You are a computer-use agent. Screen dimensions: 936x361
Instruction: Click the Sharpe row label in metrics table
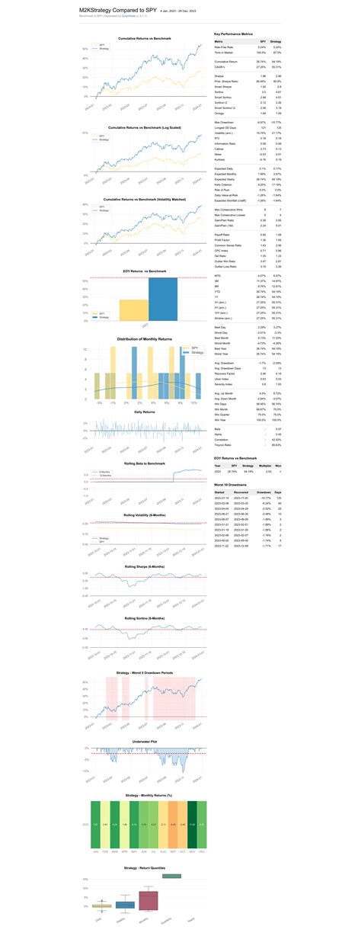coord(220,75)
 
